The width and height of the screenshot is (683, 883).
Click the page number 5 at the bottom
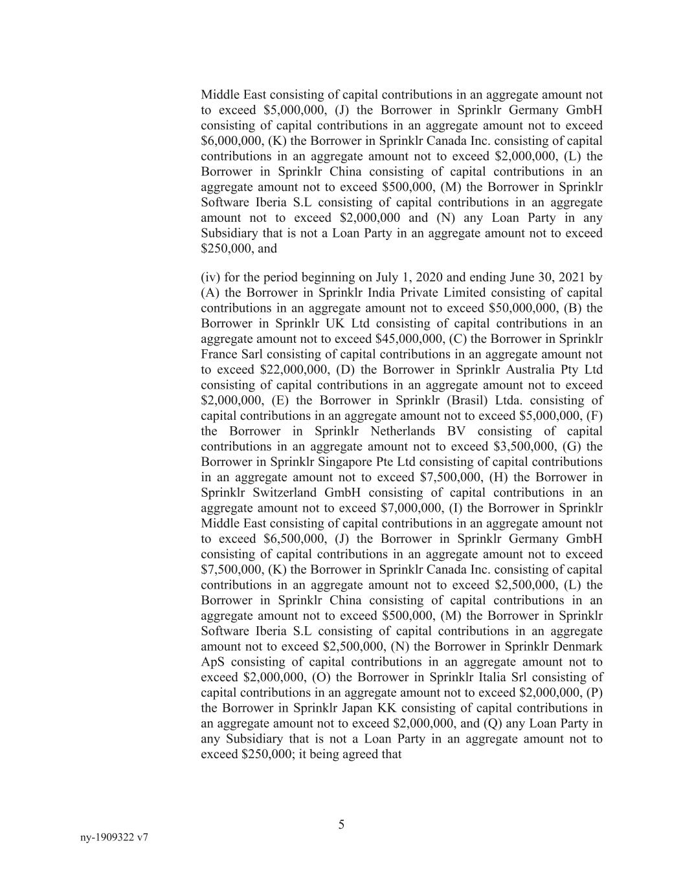coord(341,824)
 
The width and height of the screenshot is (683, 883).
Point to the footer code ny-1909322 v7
coord(115,837)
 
